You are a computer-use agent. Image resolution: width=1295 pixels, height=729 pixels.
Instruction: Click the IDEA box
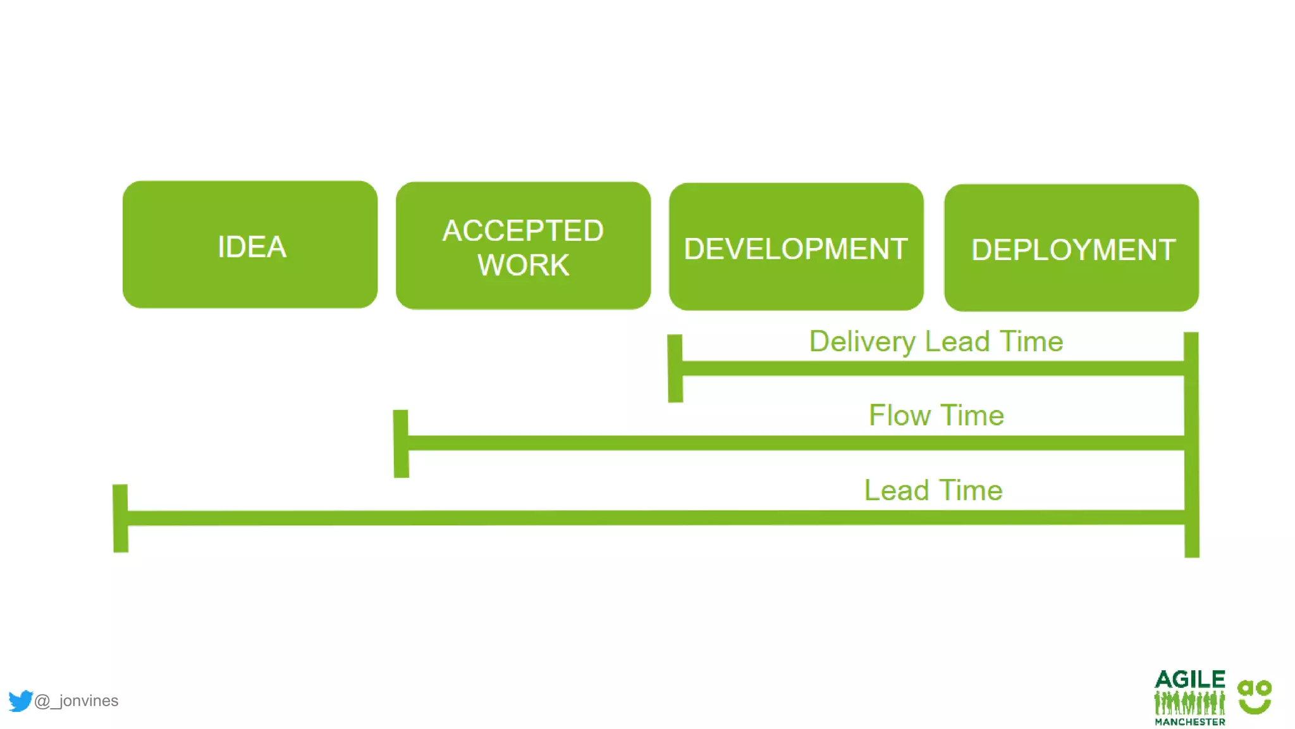pos(250,246)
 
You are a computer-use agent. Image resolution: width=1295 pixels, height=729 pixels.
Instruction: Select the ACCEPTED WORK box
pos(523,246)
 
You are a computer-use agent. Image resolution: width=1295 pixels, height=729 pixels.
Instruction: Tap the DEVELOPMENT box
pos(796,247)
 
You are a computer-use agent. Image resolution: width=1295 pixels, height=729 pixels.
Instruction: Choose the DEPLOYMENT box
pos(1071,248)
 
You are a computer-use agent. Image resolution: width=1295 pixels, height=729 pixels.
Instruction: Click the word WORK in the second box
pos(523,265)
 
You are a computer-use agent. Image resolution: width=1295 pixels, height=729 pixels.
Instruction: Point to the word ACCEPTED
pos(523,230)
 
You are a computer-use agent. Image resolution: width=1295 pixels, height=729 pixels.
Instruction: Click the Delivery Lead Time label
pos(936,342)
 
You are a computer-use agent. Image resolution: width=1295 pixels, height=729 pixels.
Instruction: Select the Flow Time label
pos(936,416)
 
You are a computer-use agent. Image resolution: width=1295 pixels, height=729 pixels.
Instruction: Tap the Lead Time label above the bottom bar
pos(933,490)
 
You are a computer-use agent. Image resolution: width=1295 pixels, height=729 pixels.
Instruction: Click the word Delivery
pos(862,342)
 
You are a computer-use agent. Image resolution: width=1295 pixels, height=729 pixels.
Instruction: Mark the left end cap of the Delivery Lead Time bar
pos(675,368)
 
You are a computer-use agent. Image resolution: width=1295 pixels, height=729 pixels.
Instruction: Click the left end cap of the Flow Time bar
pos(401,443)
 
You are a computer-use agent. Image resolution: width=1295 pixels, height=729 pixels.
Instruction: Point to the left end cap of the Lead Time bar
pos(120,518)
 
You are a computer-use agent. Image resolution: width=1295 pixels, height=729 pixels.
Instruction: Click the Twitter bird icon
pos(20,701)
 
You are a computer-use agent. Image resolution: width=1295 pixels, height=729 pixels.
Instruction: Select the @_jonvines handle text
pos(77,701)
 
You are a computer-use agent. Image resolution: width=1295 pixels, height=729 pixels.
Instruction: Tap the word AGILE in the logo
pos(1189,680)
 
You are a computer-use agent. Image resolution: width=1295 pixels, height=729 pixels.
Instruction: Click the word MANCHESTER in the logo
pos(1189,721)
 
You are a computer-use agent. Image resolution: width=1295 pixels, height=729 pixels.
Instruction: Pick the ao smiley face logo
pos(1255,697)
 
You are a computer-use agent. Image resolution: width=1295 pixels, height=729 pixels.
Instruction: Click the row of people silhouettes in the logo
pos(1189,702)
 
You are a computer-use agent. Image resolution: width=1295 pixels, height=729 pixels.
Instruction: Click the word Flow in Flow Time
pos(899,416)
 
